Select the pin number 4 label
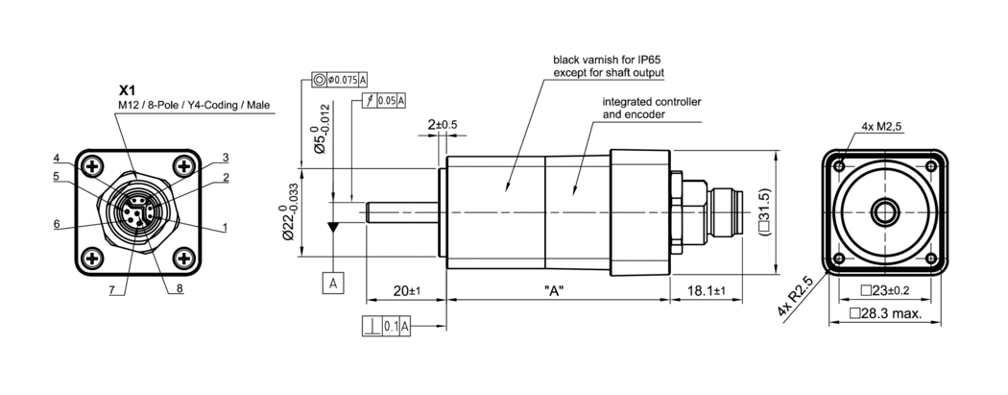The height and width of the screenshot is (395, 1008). pos(57,158)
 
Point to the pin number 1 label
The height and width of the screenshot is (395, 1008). pos(225,227)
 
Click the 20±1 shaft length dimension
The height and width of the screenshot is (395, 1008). pos(407,290)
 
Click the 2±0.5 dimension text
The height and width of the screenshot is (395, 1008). pos(443,125)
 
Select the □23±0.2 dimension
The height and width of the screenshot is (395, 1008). pos(884,290)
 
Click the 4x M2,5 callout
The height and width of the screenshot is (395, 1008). pos(882,126)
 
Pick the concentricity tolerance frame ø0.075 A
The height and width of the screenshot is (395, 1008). pos(341,79)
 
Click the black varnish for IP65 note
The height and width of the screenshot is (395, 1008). pos(609,65)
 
